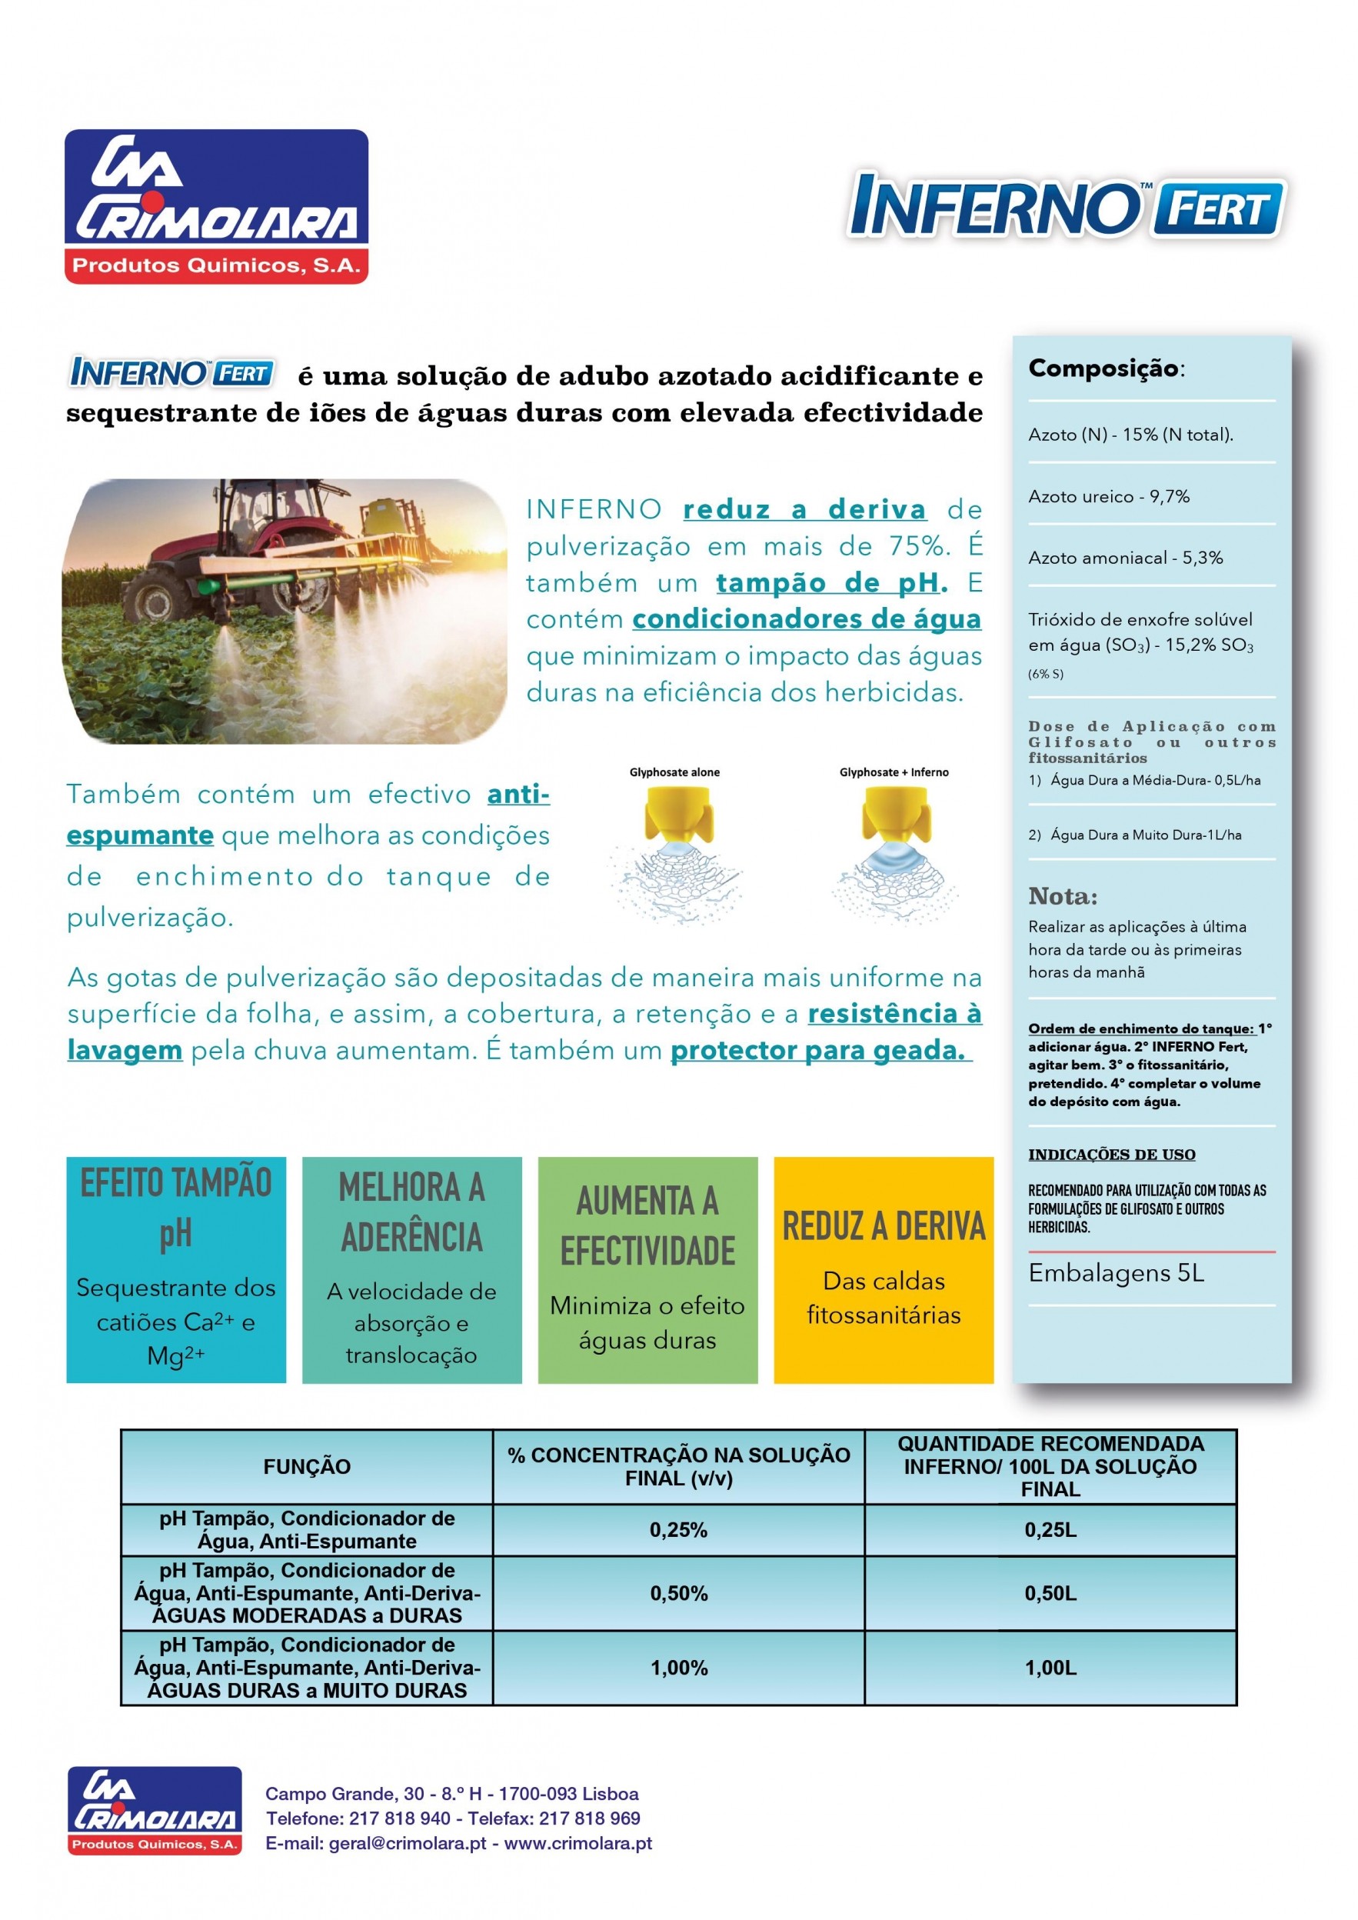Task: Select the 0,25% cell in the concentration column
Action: (678, 1529)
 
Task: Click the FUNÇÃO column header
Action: (307, 1466)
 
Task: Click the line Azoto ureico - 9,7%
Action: (1108, 496)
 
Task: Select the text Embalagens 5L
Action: (1116, 1273)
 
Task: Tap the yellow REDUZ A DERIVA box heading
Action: (883, 1227)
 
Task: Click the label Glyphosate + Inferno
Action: (893, 772)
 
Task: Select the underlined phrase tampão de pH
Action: (831, 582)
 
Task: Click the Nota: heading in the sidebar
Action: (1062, 896)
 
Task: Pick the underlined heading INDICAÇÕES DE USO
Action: (1111, 1155)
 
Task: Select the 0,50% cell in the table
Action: (678, 1593)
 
